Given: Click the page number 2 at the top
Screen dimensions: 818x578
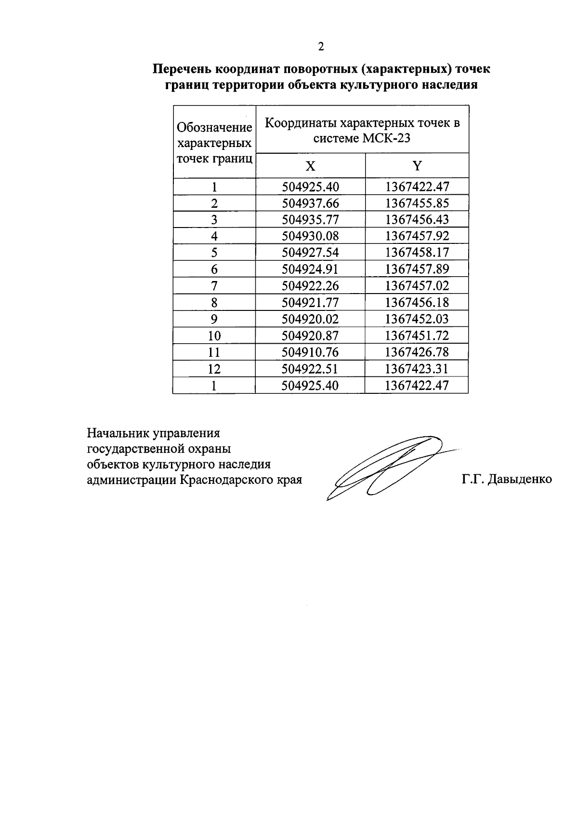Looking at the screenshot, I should [x=321, y=46].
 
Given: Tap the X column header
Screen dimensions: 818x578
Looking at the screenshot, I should [x=311, y=166].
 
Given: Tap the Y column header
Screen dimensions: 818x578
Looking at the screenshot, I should [x=417, y=166].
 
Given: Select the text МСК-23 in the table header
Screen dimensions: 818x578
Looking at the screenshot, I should [x=387, y=138].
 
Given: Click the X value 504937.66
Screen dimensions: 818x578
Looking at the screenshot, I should [x=311, y=203].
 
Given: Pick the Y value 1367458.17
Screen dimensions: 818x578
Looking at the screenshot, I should [x=417, y=253].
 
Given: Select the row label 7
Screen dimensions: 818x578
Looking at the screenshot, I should [x=214, y=286].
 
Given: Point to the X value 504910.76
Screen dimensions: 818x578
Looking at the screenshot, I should [x=311, y=352].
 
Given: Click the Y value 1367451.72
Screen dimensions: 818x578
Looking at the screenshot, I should [x=417, y=335].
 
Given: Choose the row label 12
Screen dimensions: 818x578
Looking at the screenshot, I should [x=214, y=369].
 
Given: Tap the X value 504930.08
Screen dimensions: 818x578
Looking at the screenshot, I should [x=311, y=236].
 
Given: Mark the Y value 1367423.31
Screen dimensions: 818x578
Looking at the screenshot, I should [x=417, y=369].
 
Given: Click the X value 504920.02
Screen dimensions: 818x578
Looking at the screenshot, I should [x=311, y=319].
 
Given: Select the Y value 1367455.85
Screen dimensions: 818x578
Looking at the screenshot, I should [x=417, y=203].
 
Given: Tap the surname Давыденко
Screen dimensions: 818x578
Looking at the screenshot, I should [x=520, y=480].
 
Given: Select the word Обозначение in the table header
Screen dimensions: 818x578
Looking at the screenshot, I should [x=215, y=128].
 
